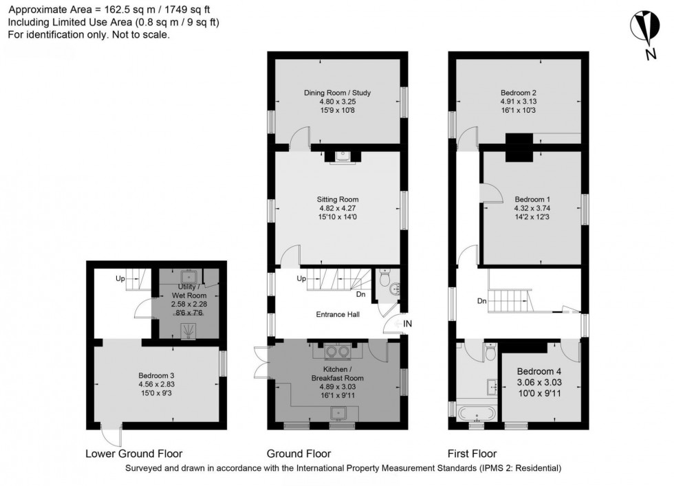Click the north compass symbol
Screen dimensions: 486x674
coord(644,27)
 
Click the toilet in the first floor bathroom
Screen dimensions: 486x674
coord(490,353)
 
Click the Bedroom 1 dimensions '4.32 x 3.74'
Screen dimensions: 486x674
coord(532,208)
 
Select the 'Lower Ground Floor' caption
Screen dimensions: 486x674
coord(134,454)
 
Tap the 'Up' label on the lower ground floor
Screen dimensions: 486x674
coord(120,279)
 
